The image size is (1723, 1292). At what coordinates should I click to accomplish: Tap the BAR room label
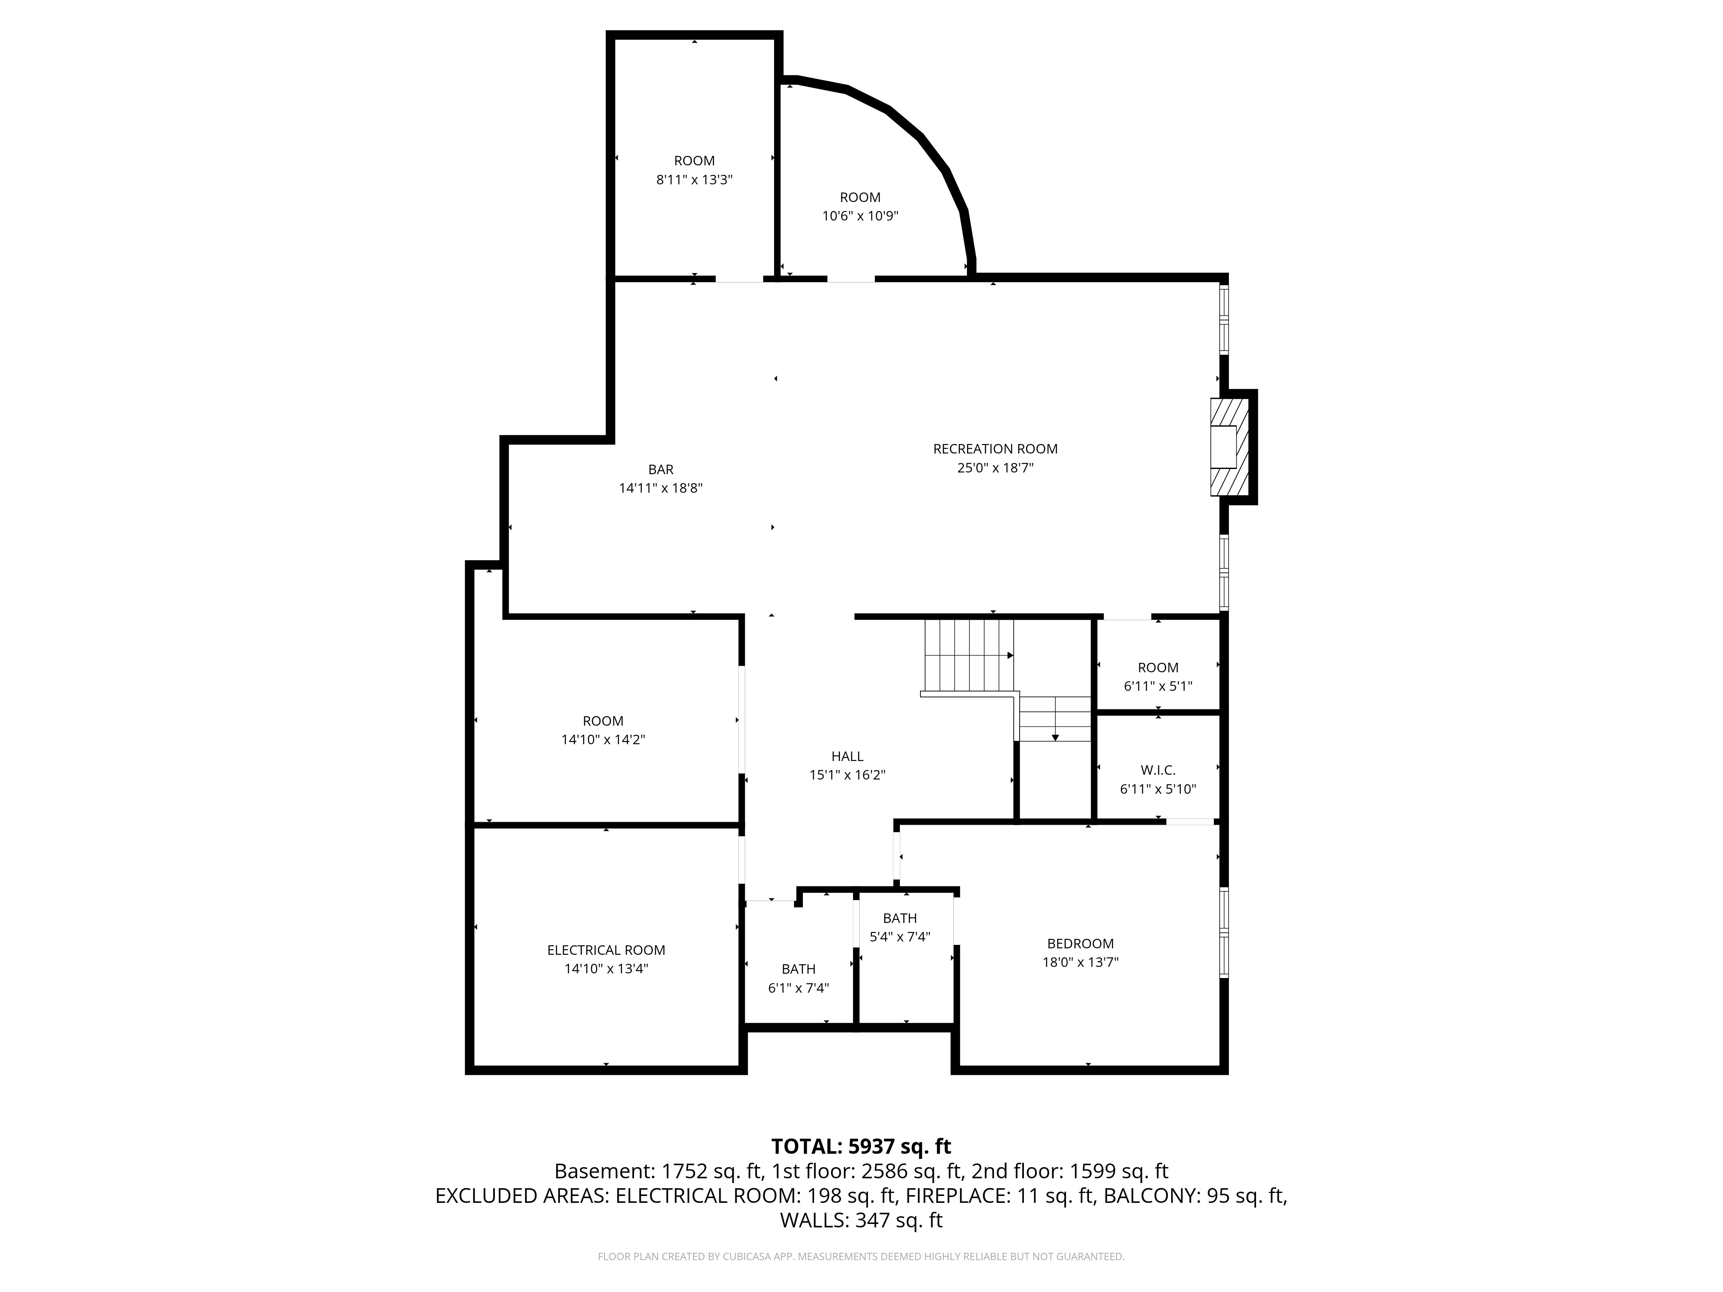tap(660, 469)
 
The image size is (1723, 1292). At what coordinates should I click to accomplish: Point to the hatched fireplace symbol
tap(1229, 447)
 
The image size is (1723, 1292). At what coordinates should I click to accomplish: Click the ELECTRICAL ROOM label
tap(606, 950)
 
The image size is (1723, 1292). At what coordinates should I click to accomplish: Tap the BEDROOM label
tap(1080, 943)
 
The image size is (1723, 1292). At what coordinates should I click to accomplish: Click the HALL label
tap(847, 756)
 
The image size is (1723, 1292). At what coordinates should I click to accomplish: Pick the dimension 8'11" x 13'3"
tap(694, 180)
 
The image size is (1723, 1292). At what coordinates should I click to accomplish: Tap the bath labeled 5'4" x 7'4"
tap(900, 937)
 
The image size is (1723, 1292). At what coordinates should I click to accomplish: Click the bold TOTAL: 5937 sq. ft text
tap(861, 1146)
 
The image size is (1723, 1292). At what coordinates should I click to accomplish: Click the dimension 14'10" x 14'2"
tap(603, 740)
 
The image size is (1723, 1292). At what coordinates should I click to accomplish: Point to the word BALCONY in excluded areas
tap(1151, 1196)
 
